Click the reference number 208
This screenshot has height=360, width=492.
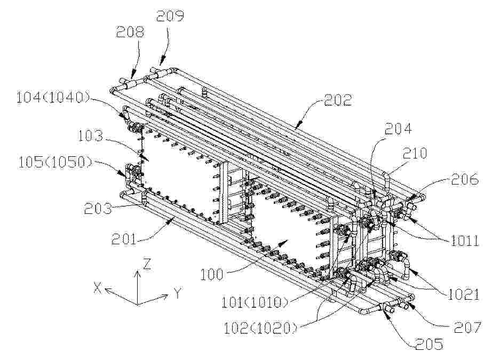(130, 32)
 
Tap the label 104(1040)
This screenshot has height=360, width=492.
(53, 98)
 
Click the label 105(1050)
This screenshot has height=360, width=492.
(55, 163)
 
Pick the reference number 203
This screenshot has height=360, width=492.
(98, 208)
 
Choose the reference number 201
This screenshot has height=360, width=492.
(124, 239)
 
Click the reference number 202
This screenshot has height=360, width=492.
(338, 100)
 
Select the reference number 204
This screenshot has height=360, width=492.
(398, 129)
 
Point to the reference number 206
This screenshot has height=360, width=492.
(465, 179)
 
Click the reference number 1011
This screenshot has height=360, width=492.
(465, 241)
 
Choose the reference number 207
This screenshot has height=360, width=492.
(466, 327)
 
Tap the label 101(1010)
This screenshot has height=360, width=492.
(255, 302)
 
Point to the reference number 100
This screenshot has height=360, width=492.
(212, 275)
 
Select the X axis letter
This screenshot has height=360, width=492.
(98, 287)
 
